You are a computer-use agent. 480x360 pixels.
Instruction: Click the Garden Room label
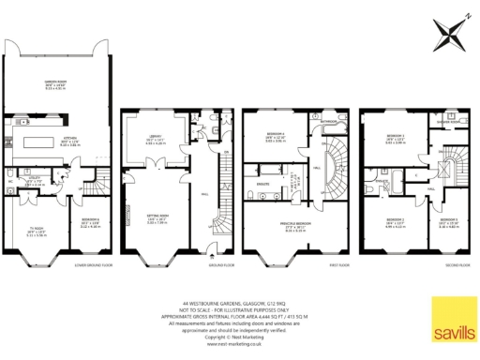click(x=57, y=86)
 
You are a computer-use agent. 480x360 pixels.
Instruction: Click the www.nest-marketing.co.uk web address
click(x=239, y=346)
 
